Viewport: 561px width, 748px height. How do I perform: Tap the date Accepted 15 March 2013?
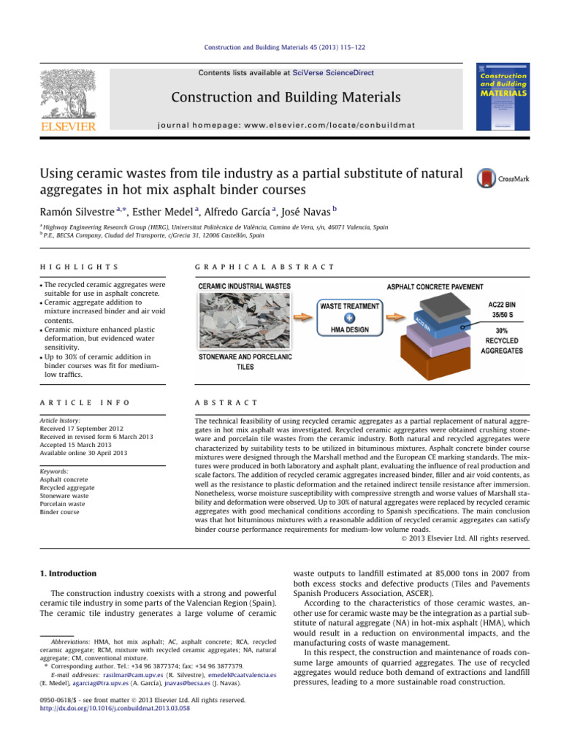pyautogui.click(x=83, y=444)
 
